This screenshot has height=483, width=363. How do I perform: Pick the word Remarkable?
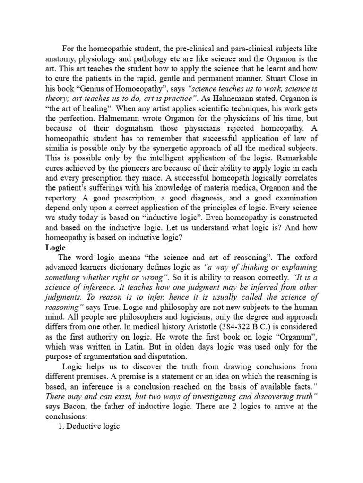296,158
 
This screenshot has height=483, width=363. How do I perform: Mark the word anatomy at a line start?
60,59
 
